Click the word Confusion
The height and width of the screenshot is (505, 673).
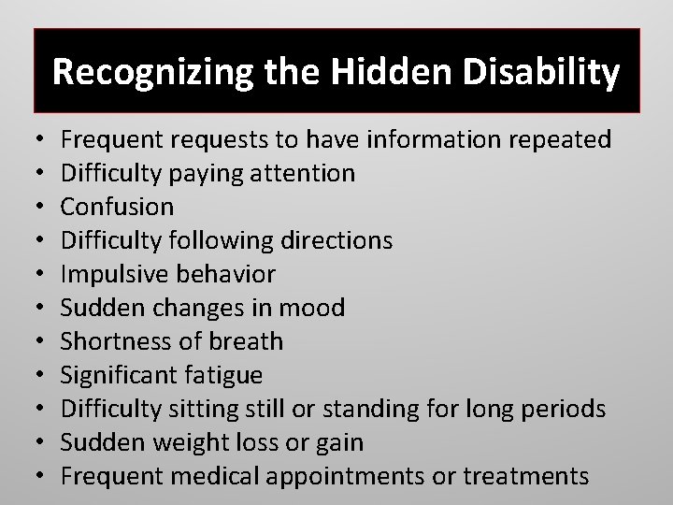tap(118, 207)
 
